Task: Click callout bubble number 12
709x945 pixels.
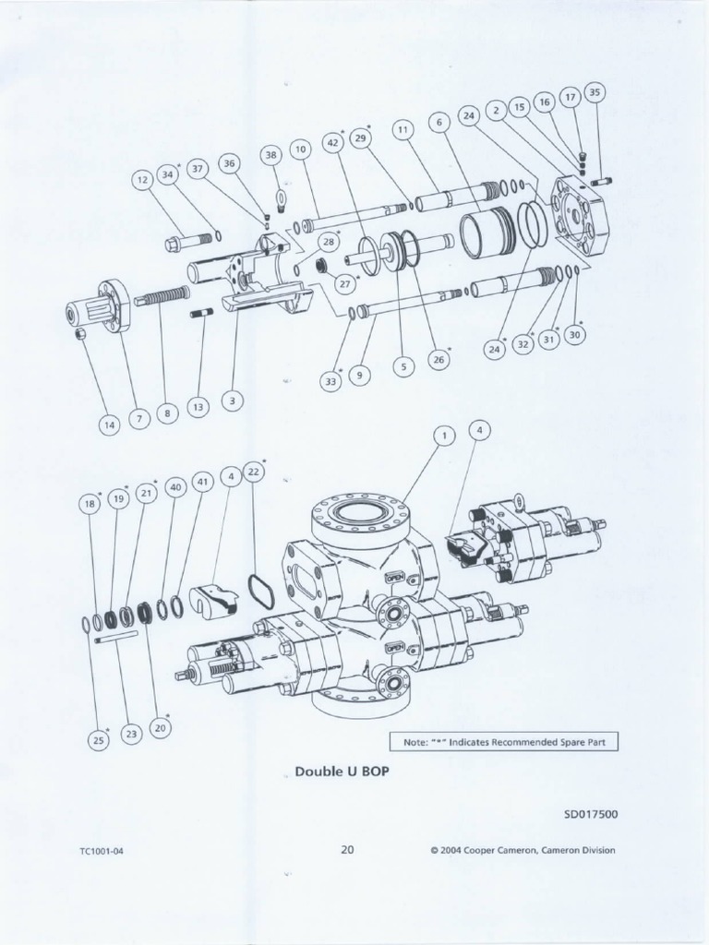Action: pos(142,182)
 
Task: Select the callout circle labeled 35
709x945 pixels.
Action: pos(595,92)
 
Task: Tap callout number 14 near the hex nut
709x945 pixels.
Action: pos(110,425)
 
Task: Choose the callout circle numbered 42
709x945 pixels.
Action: pos(334,142)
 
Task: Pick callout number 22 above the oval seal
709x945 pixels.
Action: pos(254,471)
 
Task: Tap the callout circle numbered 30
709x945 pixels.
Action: pos(576,335)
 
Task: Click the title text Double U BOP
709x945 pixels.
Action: pos(335,772)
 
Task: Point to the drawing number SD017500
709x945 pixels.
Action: pos(591,814)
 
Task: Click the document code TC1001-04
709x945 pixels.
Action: pos(102,851)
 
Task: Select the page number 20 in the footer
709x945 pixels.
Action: pos(347,850)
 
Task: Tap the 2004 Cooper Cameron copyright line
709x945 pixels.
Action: pos(523,851)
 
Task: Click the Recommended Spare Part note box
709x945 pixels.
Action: pos(503,741)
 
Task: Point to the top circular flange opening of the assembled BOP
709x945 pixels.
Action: pos(361,510)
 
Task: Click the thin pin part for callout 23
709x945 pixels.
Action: pos(116,635)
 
